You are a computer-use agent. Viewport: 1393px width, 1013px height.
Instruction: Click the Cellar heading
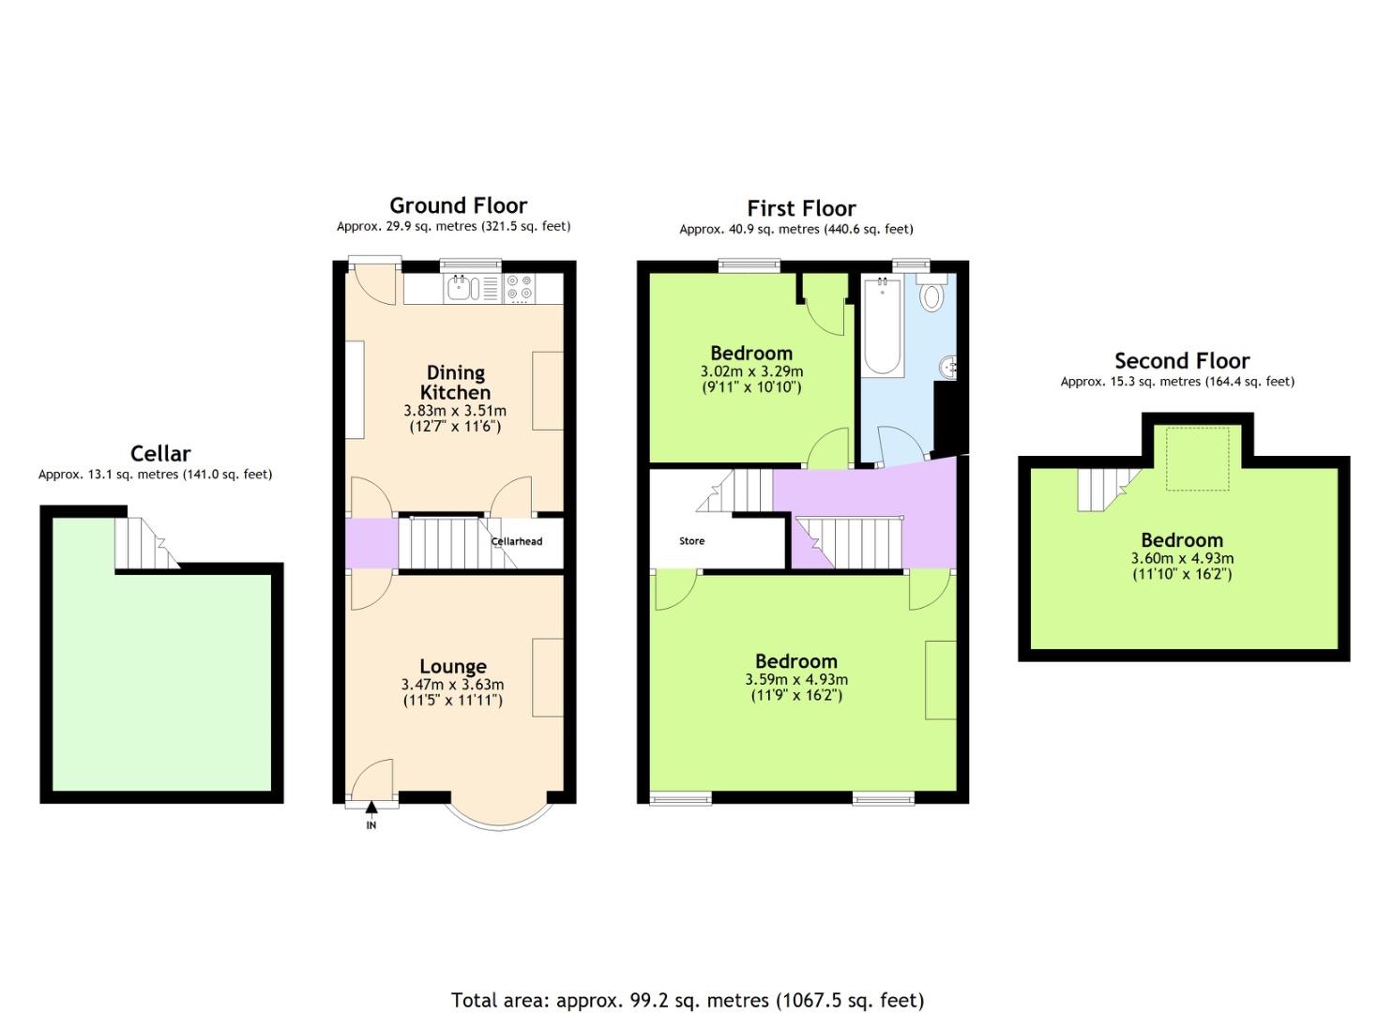pos(160,454)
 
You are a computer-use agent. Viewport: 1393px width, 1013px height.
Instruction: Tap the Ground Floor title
pos(458,205)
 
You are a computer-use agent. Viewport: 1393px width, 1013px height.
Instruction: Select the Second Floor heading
pos(1181,361)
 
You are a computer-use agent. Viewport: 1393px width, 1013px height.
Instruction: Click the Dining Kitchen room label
pos(455,383)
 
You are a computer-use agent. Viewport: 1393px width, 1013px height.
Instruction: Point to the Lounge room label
pos(452,667)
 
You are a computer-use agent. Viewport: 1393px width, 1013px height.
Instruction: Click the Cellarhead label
pos(517,541)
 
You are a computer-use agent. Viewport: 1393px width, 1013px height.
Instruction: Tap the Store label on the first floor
pos(691,541)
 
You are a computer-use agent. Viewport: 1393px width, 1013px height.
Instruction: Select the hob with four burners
pos(520,289)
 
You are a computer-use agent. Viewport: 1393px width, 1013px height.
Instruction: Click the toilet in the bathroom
pos(931,295)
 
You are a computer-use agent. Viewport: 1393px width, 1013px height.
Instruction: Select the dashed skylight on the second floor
pos(1197,459)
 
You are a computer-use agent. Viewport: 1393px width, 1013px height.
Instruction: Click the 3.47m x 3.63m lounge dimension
pos(452,685)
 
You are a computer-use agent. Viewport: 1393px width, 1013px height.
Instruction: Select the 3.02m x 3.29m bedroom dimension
pos(751,371)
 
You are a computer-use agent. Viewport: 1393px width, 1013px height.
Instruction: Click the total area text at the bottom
pos(688,1000)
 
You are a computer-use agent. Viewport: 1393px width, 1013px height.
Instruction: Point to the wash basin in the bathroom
pos(950,367)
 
